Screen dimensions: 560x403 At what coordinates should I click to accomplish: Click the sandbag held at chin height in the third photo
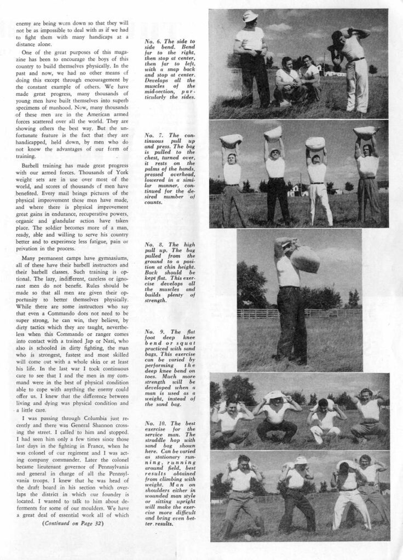[304, 259]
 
